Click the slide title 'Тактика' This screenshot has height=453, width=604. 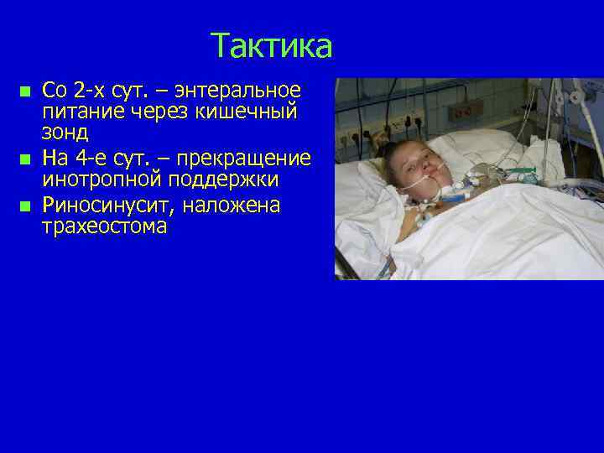click(271, 45)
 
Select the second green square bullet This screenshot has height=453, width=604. click(25, 159)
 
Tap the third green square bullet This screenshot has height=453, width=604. click(25, 206)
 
